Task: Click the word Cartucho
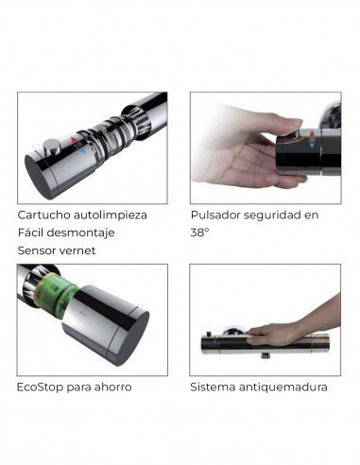[x=43, y=215]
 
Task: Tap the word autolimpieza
[x=111, y=215]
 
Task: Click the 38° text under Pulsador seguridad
[x=199, y=232]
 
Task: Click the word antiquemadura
[x=283, y=387]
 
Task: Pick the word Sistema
[x=213, y=387]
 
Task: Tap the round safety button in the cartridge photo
[x=50, y=147]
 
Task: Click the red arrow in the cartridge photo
[x=74, y=140]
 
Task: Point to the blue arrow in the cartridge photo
[x=82, y=151]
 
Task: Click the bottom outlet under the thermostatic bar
[x=265, y=356]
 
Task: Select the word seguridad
[x=277, y=215]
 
